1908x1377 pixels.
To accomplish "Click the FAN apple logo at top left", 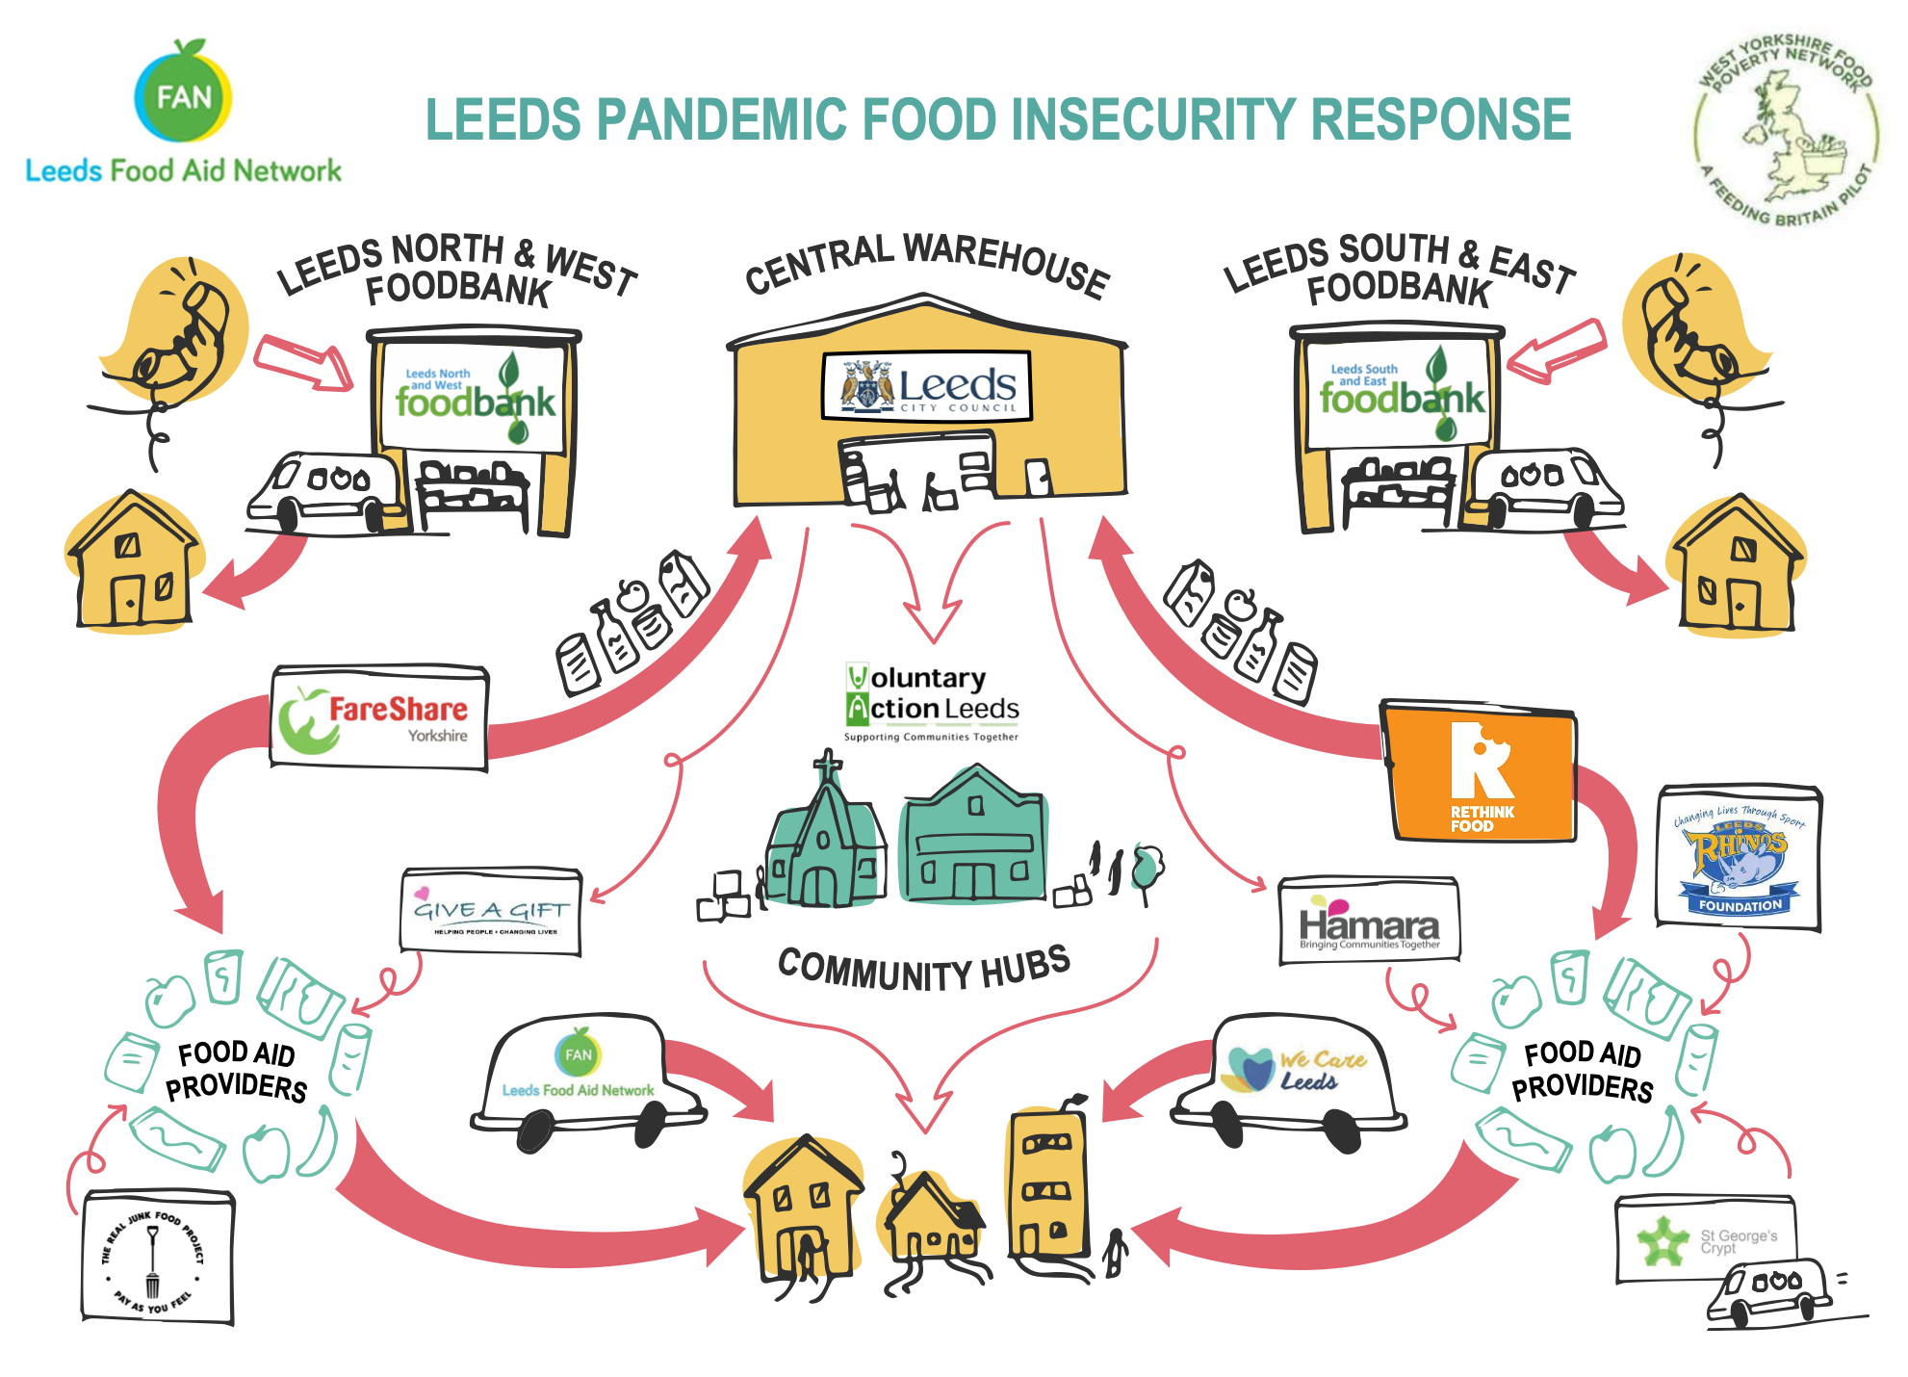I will point(183,93).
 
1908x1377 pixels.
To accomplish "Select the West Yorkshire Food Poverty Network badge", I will point(1786,130).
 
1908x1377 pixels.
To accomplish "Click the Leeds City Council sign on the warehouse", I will point(927,386).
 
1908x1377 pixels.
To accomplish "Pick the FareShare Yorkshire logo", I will point(378,718).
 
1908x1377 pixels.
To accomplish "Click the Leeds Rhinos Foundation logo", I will point(1739,858).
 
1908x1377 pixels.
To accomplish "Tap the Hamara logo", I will point(1368,921).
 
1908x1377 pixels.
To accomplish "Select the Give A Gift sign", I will point(491,911).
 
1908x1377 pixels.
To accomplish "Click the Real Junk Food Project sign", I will point(157,1257).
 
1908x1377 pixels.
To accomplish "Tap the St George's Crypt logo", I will point(1705,1239).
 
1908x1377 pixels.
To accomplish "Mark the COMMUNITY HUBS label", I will point(923,969).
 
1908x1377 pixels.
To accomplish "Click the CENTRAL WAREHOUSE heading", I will point(926,263).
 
